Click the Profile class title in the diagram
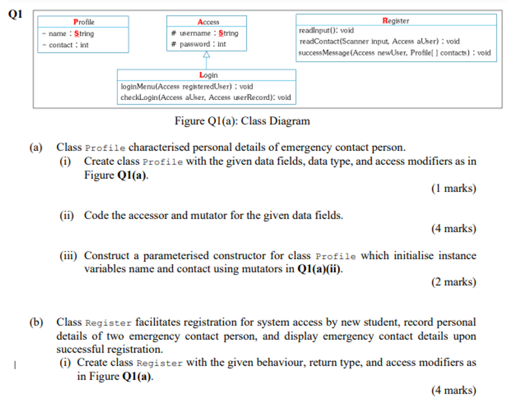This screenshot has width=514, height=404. pyautogui.click(x=84, y=22)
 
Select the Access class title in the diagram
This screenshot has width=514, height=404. pyautogui.click(x=208, y=22)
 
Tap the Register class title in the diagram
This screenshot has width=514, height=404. pyautogui.click(x=396, y=21)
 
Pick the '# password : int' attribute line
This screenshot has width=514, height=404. pyautogui.click(x=198, y=44)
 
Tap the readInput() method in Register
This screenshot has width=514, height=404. pyautogui.click(x=326, y=31)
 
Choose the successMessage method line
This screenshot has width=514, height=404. pyautogui.click(x=394, y=53)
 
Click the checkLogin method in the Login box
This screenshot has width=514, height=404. pyautogui.click(x=205, y=97)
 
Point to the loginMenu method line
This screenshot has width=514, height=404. pyautogui.click(x=186, y=86)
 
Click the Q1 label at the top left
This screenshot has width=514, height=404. pyautogui.click(x=15, y=15)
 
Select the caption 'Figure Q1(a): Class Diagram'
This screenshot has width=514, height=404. pyautogui.click(x=242, y=121)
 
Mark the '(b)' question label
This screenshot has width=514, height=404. pyautogui.click(x=37, y=322)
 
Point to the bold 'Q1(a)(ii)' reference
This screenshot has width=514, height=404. pyautogui.click(x=320, y=269)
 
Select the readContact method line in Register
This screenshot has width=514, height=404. pyautogui.click(x=379, y=41)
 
